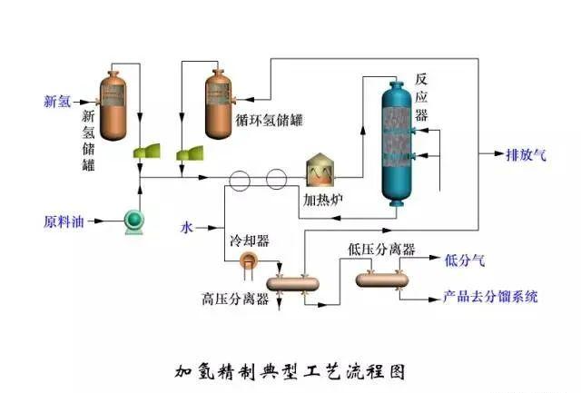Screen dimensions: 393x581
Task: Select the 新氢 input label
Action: (x=57, y=101)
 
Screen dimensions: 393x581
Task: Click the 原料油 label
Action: (x=63, y=221)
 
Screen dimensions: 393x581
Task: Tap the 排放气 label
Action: (x=526, y=155)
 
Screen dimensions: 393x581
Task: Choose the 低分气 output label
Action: (x=464, y=261)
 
